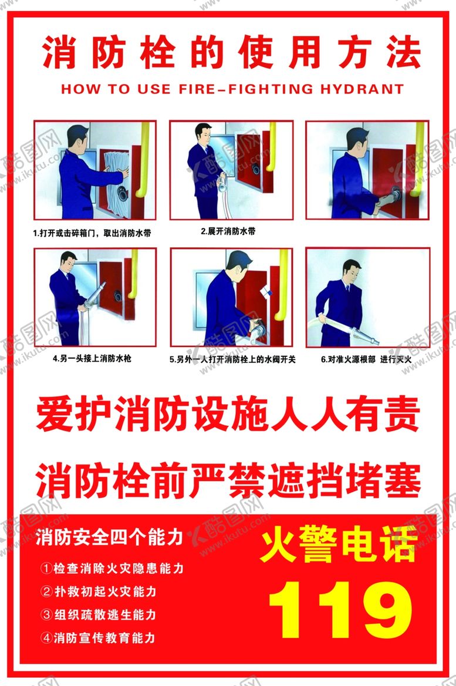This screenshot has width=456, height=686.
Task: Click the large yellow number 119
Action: pos(340,610)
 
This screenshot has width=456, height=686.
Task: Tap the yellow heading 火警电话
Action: pos(339,544)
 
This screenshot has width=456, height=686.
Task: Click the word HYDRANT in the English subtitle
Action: pos(362,89)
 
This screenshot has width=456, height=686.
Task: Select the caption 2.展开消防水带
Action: pos(228,231)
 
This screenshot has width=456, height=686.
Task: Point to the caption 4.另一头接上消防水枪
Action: pos(92,358)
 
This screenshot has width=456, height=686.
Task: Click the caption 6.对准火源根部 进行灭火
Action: pos(366,359)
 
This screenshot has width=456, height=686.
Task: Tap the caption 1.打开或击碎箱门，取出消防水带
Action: pos(92,233)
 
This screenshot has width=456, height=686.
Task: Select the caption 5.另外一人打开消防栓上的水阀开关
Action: pos(232,359)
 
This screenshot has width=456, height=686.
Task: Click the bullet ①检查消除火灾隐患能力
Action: pos(112,569)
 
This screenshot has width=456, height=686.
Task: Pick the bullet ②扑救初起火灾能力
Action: pos(99,591)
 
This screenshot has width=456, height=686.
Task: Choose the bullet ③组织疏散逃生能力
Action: pos(99,615)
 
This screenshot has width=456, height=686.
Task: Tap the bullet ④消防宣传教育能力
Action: pos(98,638)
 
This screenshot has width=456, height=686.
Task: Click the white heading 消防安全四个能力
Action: pos(109,537)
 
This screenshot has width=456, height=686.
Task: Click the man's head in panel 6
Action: pos(352,271)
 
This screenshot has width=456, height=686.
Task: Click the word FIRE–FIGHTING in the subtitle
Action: pos(246,89)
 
